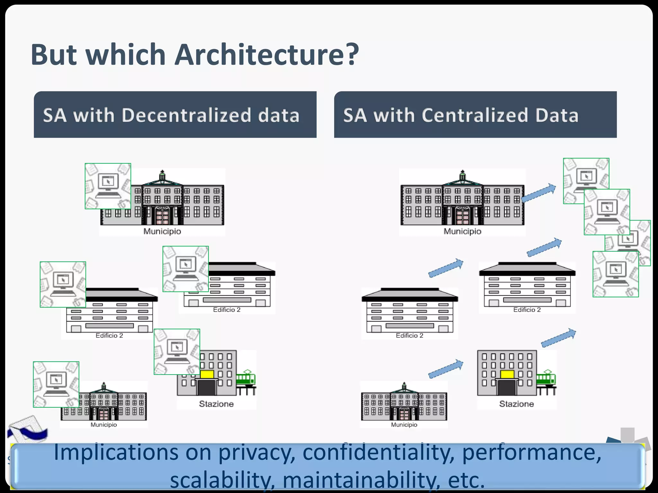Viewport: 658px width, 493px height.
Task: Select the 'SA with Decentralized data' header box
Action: pyautogui.click(x=175, y=115)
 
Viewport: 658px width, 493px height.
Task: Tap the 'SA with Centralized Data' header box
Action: pyautogui.click(x=475, y=115)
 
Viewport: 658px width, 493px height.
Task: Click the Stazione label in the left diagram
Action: pyautogui.click(x=216, y=404)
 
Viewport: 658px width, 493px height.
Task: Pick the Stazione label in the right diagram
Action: pyautogui.click(x=516, y=404)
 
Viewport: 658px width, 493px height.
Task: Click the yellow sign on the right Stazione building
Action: pyautogui.click(x=507, y=374)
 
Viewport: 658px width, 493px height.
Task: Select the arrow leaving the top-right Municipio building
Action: pyautogui.click(x=538, y=193)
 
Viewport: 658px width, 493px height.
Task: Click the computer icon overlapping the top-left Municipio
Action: pyautogui.click(x=108, y=186)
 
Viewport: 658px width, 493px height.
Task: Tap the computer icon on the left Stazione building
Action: pyautogui.click(x=177, y=351)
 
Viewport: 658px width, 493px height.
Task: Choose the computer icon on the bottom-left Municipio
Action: pyautogui.click(x=56, y=384)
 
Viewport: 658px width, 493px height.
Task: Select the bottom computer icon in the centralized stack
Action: pyautogui.click(x=615, y=274)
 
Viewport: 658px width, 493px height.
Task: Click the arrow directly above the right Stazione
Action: pyautogui.click(x=558, y=338)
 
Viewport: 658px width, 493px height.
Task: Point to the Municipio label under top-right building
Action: pyautogui.click(x=462, y=231)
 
